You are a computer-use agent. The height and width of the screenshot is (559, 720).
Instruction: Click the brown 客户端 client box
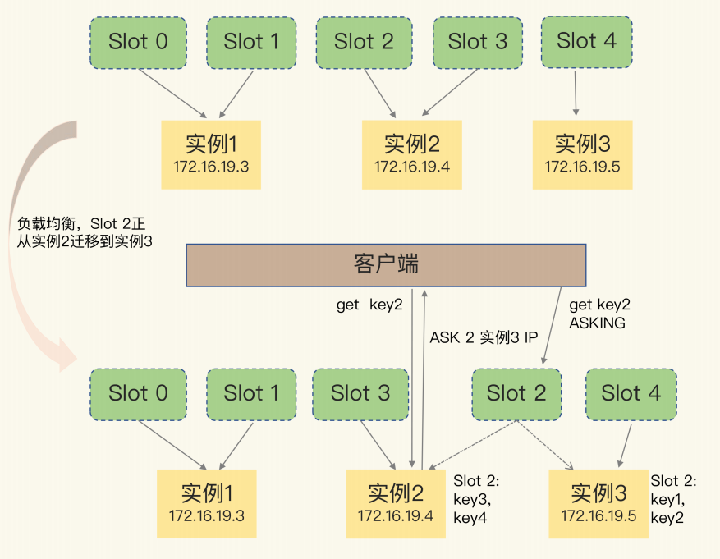point(386,265)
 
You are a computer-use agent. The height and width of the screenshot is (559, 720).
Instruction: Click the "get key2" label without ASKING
point(369,305)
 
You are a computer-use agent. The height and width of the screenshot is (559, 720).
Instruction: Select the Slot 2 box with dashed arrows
point(516,393)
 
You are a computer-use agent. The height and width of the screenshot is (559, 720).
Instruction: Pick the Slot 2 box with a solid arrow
point(364,41)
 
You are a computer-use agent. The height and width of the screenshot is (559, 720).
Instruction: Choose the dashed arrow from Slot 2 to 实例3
point(545,447)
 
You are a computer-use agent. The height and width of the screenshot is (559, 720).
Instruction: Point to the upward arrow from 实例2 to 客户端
point(423,378)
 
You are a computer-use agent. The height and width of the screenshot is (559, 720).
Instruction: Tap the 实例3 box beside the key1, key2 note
point(598,503)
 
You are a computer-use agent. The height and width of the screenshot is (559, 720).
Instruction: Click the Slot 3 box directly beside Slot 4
point(478,41)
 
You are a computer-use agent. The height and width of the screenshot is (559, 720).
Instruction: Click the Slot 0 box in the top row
point(138,42)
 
